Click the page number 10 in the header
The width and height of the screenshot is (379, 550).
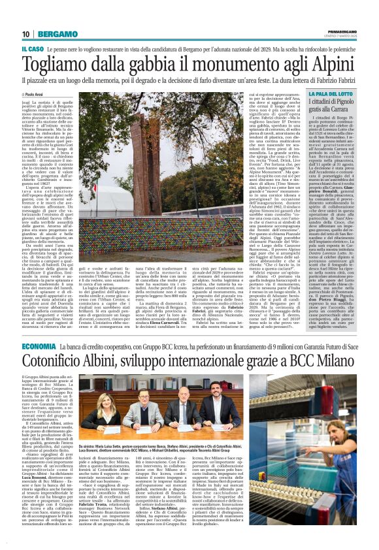25,33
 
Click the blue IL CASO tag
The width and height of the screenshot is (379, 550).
32,50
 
